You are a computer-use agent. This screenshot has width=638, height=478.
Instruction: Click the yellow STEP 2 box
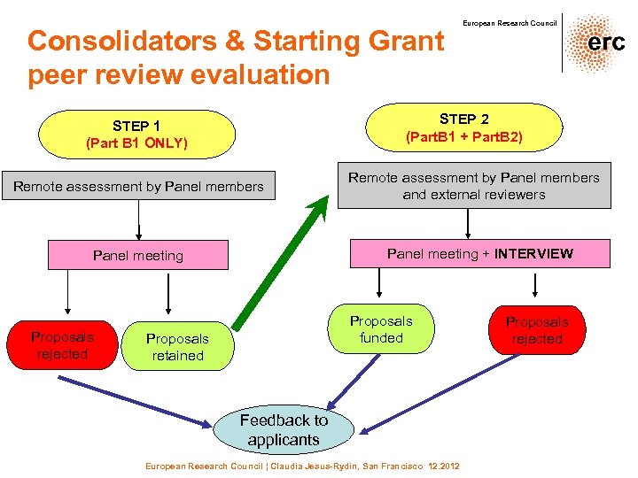[463, 127]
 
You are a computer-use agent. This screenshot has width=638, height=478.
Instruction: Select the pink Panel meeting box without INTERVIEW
[138, 256]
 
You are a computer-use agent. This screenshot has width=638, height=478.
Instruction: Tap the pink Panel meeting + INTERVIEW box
[479, 254]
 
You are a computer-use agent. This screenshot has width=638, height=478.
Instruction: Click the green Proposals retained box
[177, 347]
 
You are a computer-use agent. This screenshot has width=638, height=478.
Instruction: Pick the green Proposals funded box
[381, 329]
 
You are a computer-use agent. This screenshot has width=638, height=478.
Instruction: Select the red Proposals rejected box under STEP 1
[62, 345]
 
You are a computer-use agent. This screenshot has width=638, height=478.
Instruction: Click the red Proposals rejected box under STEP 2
[536, 330]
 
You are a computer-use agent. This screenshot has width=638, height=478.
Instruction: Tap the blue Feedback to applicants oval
[284, 429]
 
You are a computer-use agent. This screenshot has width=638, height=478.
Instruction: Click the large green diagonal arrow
[282, 262]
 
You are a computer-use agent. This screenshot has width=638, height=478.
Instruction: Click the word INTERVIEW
[533, 254]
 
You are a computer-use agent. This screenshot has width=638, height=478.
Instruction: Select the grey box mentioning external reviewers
[474, 186]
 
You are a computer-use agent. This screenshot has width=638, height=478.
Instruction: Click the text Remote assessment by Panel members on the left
[138, 187]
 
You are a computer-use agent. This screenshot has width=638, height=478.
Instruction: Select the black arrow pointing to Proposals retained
[168, 297]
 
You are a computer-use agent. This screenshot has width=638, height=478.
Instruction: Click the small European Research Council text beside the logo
[510, 23]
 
